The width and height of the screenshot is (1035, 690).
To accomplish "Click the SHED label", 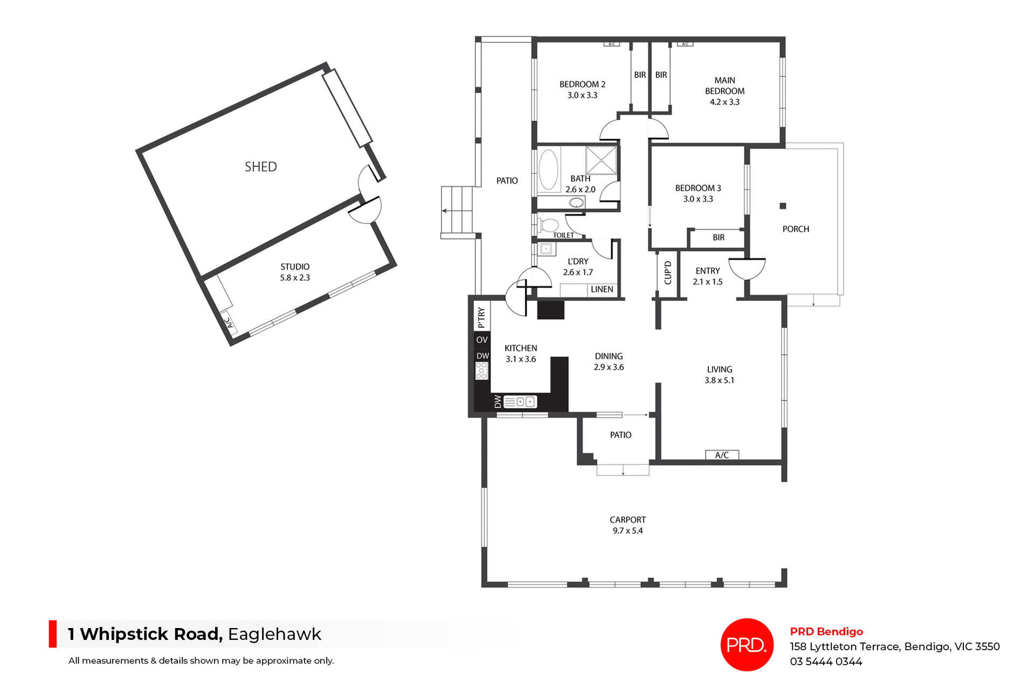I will pyautogui.click(x=261, y=167).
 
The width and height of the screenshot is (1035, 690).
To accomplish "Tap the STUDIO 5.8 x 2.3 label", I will pyautogui.click(x=295, y=272).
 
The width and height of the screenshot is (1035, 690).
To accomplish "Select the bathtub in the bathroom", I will pyautogui.click(x=549, y=170).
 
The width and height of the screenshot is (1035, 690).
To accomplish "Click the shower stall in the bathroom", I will pyautogui.click(x=601, y=160).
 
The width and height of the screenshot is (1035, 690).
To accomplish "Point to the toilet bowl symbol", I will pyautogui.click(x=549, y=225).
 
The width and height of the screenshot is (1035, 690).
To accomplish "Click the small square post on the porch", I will pyautogui.click(x=783, y=206).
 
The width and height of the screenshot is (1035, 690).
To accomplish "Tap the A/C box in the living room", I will pyautogui.click(x=722, y=455).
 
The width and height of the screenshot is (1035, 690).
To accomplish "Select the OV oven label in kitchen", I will pyautogui.click(x=482, y=340).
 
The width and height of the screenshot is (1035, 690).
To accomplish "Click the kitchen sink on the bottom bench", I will pyautogui.click(x=525, y=402).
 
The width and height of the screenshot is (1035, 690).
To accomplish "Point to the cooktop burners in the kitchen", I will pyautogui.click(x=481, y=371).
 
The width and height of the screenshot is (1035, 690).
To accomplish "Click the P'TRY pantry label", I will pyautogui.click(x=481, y=318).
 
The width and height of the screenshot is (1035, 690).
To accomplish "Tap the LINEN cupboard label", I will pyautogui.click(x=602, y=289).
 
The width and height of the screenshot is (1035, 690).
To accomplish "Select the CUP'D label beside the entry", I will pyautogui.click(x=668, y=273).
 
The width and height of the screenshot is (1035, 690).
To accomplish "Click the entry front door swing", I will pyautogui.click(x=747, y=268).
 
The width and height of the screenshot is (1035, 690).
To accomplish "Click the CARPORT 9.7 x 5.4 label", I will pyautogui.click(x=627, y=525).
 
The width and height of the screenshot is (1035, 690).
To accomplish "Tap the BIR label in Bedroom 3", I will pyautogui.click(x=719, y=238).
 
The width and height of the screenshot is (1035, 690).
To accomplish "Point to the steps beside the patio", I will pyautogui.click(x=457, y=210).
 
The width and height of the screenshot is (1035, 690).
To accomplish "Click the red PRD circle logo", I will pyautogui.click(x=747, y=644).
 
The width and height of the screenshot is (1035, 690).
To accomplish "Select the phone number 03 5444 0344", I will pyautogui.click(x=826, y=661).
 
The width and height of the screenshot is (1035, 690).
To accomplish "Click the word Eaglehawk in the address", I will pyautogui.click(x=274, y=634).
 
